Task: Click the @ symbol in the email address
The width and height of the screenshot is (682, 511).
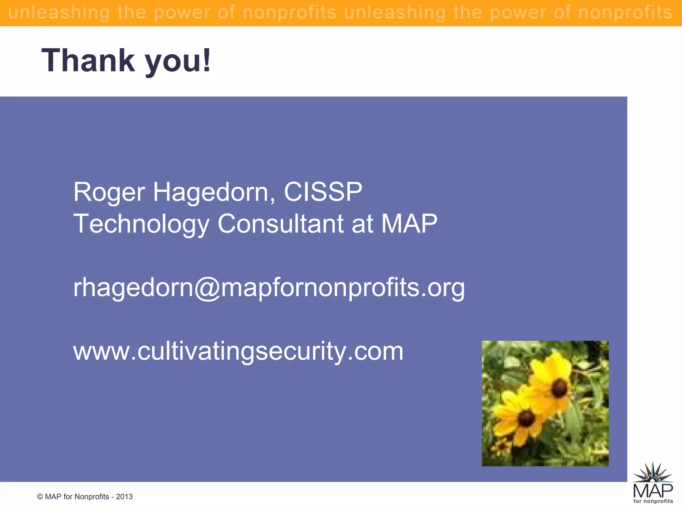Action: tap(207, 288)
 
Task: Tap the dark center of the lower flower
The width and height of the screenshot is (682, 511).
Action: tap(526, 419)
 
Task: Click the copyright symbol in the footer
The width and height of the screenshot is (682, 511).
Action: tap(40, 497)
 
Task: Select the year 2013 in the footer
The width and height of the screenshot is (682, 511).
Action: tap(124, 497)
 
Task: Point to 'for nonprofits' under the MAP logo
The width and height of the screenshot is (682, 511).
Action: tap(653, 501)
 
